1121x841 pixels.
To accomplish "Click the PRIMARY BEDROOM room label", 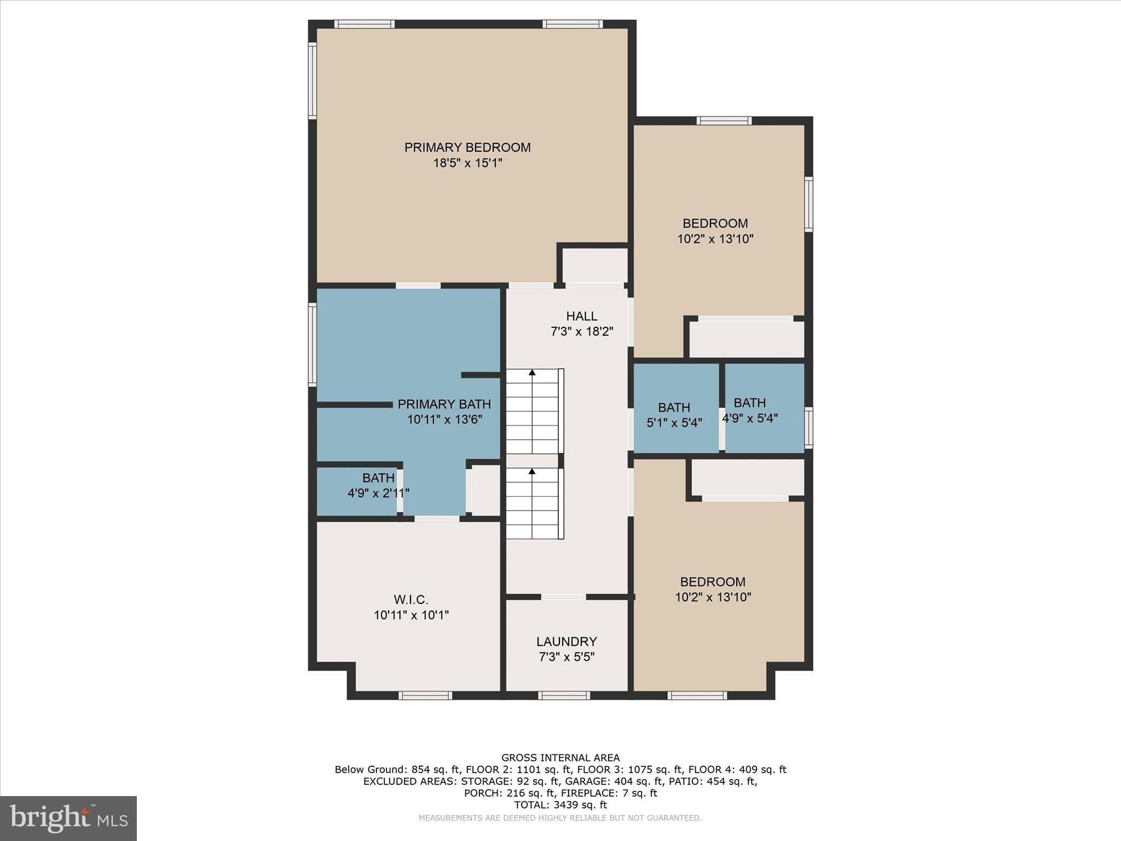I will tap(467, 147).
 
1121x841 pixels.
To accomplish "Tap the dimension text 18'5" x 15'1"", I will tap(467, 163).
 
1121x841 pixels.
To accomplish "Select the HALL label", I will tap(581, 316).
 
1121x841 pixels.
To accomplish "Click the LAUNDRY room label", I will tap(567, 641).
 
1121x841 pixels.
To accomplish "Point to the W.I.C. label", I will tap(411, 600).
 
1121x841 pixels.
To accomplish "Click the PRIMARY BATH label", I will tap(444, 404).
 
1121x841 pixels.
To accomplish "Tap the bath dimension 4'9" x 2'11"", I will tap(378, 493).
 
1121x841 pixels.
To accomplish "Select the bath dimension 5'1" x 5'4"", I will tap(674, 423).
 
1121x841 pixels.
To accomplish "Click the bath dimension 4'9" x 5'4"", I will tap(749, 418).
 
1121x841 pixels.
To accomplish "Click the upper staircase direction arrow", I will tap(532, 373).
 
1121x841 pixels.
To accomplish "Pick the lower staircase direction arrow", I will tap(532, 471).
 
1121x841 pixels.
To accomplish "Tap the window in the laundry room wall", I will tap(564, 695).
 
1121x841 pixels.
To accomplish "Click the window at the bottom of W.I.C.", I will tap(425, 695).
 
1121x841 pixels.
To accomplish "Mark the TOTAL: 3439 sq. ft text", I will tap(560, 805).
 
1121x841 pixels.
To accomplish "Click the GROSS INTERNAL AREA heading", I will tap(560, 758).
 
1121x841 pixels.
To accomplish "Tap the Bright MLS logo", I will tap(68, 818).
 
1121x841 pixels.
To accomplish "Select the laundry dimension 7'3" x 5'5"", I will tap(567, 657).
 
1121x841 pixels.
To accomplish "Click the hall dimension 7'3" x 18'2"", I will tap(581, 331).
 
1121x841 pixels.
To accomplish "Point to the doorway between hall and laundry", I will tap(564, 597).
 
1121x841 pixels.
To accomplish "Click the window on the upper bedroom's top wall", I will tap(724, 120).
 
